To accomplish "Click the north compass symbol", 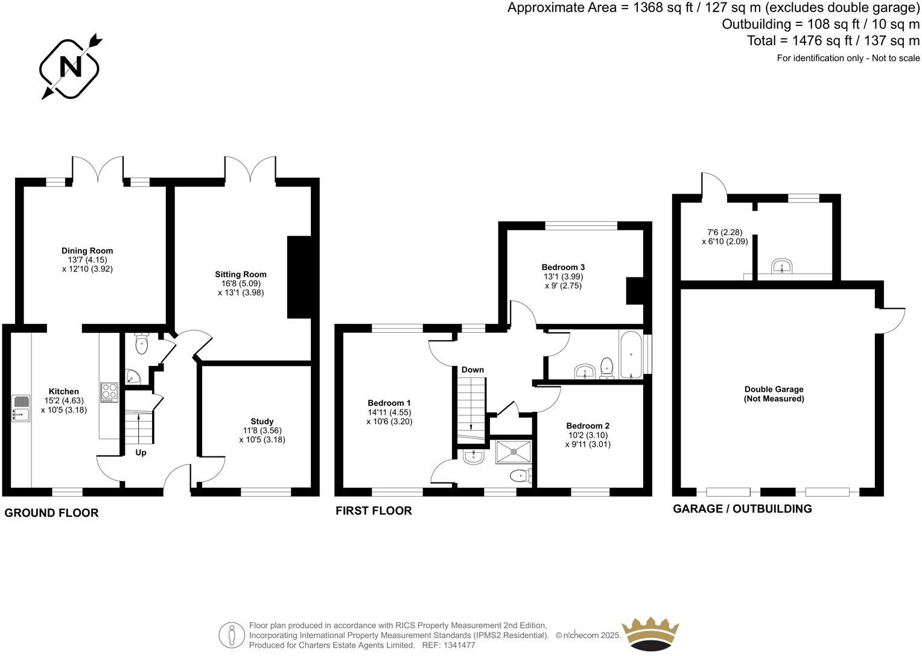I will point(70,67).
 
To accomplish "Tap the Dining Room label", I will point(87,251).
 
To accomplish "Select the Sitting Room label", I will point(241,274).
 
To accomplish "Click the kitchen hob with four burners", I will point(109,392).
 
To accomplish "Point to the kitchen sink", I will point(21,408).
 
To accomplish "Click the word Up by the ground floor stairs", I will point(141,452).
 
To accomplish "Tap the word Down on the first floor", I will point(472,370).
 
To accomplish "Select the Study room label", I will point(262,421).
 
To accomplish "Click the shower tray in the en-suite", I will point(514,451).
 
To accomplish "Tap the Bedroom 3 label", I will point(563,267).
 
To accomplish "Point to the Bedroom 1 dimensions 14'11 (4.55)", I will point(389,412).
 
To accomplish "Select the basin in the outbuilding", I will point(782,266).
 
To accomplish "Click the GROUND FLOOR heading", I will point(51,513).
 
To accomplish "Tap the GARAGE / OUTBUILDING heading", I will point(742,509).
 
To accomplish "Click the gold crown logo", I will point(650,635).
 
